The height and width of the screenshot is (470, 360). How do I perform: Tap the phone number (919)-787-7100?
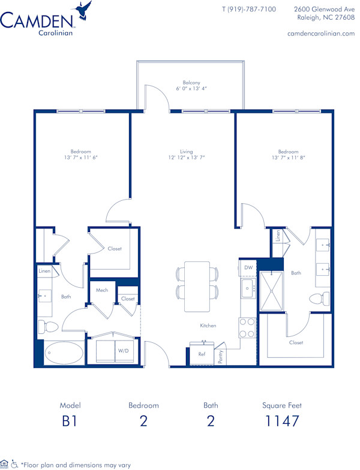(x=249, y=9)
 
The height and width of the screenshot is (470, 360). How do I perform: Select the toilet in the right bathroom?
(x=319, y=298)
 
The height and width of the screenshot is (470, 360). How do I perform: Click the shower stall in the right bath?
(x=274, y=290)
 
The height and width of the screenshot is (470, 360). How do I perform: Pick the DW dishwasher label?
(x=248, y=267)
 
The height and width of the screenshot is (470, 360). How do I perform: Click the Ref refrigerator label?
(x=202, y=354)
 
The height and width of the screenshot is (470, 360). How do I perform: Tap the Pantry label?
(x=221, y=357)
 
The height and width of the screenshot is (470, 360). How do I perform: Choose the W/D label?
(x=124, y=350)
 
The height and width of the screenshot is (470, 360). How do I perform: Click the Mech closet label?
(x=102, y=290)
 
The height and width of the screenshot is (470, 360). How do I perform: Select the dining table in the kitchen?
(x=196, y=287)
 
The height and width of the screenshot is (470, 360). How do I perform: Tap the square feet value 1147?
(x=282, y=421)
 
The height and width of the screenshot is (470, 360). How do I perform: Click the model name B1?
(x=70, y=421)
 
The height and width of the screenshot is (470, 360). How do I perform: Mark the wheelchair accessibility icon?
(x=14, y=463)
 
